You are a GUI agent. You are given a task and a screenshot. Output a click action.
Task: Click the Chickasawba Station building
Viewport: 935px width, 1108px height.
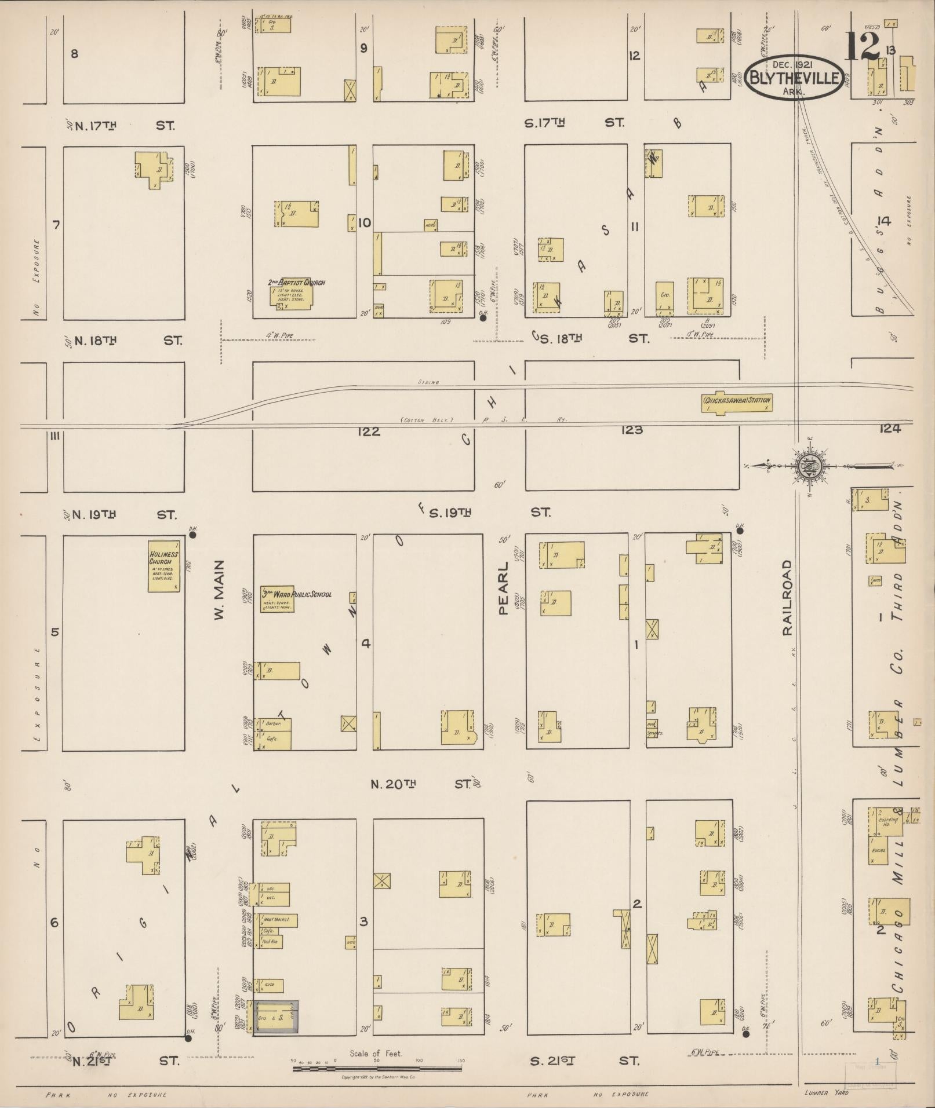point(737,403)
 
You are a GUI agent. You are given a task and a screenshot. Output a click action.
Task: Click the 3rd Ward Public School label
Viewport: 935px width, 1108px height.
point(296,594)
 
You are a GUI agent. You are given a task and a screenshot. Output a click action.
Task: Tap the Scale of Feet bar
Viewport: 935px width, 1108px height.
point(379,1066)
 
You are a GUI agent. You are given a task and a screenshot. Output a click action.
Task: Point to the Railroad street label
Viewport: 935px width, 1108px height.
point(787,598)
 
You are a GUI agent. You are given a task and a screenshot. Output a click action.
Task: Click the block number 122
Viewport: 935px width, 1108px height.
point(369,432)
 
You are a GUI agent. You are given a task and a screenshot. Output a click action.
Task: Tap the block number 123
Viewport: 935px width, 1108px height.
point(631,430)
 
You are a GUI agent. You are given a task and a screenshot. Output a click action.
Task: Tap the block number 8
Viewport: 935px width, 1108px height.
point(74,54)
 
